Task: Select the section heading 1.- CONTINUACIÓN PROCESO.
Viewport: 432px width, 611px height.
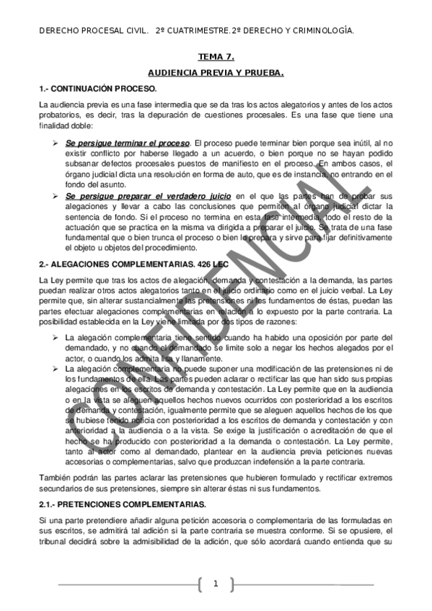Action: point(98,88)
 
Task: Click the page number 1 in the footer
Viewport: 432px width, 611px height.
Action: point(215,584)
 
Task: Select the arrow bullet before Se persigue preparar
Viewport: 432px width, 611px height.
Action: point(55,195)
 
